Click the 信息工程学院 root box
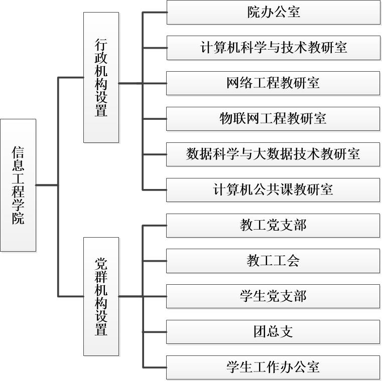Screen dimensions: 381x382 pyautogui.click(x=18, y=185)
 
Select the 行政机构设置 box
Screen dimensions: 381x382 pyautogui.click(x=101, y=77)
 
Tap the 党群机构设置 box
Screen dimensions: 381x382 pyautogui.click(x=101, y=296)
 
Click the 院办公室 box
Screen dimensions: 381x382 pyautogui.click(x=273, y=12)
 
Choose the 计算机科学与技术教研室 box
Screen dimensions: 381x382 pyautogui.click(x=273, y=48)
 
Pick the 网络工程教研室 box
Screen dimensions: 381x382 pyautogui.click(x=273, y=83)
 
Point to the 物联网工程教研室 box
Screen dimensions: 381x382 pyautogui.click(x=273, y=119)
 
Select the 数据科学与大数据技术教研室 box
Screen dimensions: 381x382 pyautogui.click(x=273, y=154)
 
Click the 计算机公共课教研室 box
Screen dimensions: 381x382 pyautogui.click(x=273, y=189)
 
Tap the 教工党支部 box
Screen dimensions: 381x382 pyautogui.click(x=273, y=226)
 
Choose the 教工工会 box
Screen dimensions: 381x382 pyautogui.click(x=273, y=261)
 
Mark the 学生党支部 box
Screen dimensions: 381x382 pyautogui.click(x=273, y=296)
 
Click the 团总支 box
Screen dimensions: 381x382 pyautogui.click(x=273, y=332)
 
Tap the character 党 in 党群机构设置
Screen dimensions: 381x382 pyautogui.click(x=101, y=264)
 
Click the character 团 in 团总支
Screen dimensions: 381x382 pyautogui.click(x=260, y=332)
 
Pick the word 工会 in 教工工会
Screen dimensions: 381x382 pyautogui.click(x=286, y=261)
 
